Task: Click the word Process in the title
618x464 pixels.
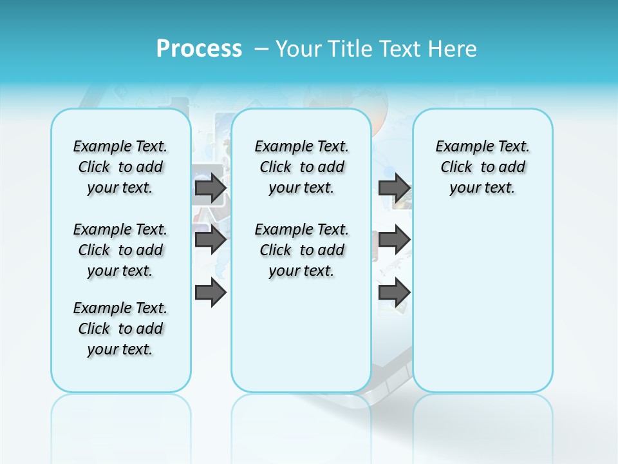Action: pos(199,49)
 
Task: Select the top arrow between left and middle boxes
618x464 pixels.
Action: pos(211,188)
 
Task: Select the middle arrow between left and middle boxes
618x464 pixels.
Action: pos(211,240)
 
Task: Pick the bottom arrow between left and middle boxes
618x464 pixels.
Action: pos(211,293)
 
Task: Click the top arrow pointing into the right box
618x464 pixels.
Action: pos(394,188)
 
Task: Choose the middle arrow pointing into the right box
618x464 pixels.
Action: pos(394,240)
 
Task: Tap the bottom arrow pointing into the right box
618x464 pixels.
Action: pos(394,293)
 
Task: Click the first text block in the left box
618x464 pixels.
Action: pos(120,167)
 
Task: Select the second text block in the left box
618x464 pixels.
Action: pos(120,250)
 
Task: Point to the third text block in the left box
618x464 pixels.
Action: pos(120,329)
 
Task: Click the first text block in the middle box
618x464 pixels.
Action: pos(301,167)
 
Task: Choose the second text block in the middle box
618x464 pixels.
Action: pos(301,250)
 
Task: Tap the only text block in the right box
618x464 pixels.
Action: pos(483,167)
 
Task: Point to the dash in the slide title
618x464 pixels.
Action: pos(261,49)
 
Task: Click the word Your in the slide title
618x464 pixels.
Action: pos(299,49)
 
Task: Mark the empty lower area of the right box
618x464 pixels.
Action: pos(483,303)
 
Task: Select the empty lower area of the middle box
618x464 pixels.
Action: pos(301,335)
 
